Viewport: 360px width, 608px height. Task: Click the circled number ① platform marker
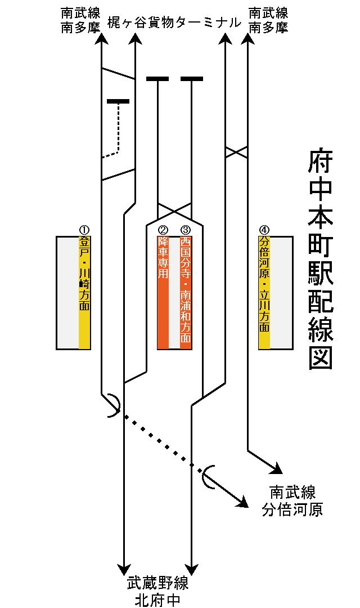click(84, 230)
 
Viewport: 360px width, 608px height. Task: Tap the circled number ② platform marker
click(163, 230)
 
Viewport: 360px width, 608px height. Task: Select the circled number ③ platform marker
click(186, 230)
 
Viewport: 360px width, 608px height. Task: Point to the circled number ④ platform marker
click(264, 230)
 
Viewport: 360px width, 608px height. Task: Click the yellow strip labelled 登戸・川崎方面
click(84, 293)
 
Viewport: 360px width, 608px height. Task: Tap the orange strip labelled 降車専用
click(163, 293)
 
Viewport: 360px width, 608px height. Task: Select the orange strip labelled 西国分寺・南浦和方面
click(186, 293)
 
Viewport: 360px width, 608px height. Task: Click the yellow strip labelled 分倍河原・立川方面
click(264, 293)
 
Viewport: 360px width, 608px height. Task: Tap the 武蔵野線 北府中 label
click(157, 591)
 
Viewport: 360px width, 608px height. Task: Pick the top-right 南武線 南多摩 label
click(268, 20)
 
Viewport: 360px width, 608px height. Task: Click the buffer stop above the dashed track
click(118, 101)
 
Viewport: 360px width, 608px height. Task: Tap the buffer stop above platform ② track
click(157, 79)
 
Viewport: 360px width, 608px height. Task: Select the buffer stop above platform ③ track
click(192, 79)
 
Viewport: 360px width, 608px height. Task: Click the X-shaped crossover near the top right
click(236, 152)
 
